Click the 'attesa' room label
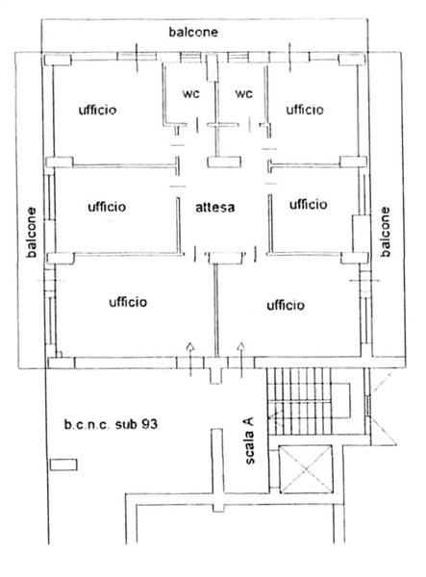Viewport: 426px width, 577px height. coord(214,207)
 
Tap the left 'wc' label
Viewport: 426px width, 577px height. coord(191,93)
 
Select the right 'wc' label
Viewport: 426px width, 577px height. coord(244,93)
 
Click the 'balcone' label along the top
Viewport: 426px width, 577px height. coord(193,32)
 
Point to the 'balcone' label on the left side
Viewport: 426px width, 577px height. coord(32,232)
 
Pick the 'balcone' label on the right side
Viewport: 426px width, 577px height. coord(385,232)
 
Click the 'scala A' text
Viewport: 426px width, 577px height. coord(249,440)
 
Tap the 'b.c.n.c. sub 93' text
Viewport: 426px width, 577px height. coord(111,424)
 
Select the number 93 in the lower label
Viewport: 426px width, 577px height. coord(149,424)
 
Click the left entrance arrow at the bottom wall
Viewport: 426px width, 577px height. coord(190,360)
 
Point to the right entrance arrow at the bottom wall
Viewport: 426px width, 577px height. coord(241,360)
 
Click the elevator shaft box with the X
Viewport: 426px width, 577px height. coord(306,469)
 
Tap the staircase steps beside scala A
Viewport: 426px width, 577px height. coord(300,401)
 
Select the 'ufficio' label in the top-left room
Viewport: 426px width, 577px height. coord(97,110)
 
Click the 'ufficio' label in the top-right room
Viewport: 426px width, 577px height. coord(305,110)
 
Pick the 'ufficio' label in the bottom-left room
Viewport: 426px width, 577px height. coord(128,302)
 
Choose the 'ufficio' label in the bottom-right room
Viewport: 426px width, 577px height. coord(286,305)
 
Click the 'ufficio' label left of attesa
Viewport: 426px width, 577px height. coord(107,207)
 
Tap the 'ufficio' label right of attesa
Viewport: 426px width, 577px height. coord(309,204)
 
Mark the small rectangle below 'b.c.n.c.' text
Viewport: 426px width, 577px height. coord(63,464)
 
